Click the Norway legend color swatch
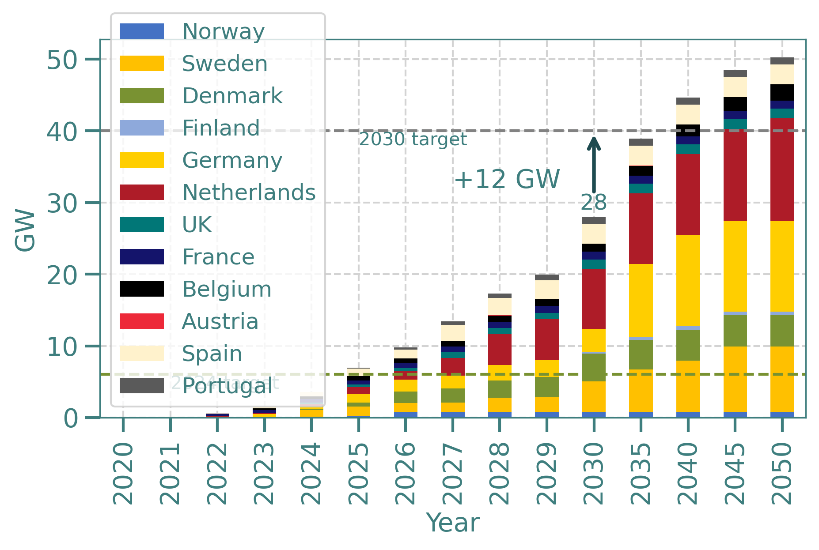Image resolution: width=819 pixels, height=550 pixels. click(141, 31)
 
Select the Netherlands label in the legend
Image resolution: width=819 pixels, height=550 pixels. click(249, 192)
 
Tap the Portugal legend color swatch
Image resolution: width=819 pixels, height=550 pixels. click(141, 385)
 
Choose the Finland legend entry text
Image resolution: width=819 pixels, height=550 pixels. click(221, 128)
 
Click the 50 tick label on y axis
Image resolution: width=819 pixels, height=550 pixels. click(62, 60)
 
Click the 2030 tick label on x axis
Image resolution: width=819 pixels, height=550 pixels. click(593, 474)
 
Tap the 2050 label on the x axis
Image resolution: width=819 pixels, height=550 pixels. click(781, 474)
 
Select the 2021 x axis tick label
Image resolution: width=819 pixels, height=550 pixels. click(170, 474)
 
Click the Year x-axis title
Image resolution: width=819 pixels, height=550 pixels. click(453, 524)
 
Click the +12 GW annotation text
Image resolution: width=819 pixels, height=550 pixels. click(507, 179)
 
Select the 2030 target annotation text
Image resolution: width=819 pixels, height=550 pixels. click(413, 139)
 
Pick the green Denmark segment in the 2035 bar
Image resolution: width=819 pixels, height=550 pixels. click(641, 354)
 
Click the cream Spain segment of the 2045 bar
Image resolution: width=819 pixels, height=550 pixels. click(735, 87)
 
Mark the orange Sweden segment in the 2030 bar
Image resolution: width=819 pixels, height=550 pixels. click(594, 396)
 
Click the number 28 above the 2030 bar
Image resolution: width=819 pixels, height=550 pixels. click(594, 203)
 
